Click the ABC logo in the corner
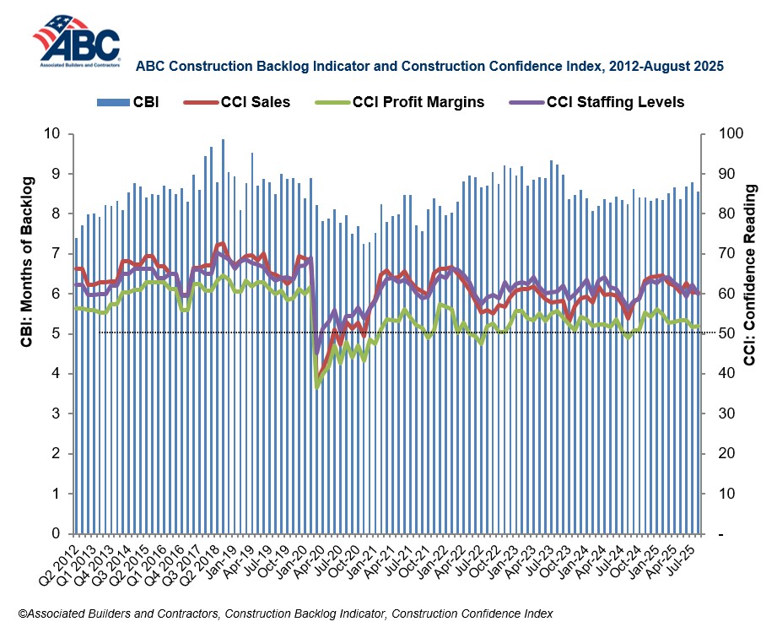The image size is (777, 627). click(x=76, y=40)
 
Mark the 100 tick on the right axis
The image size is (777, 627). click(x=728, y=133)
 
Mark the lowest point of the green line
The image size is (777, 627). click(x=316, y=386)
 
